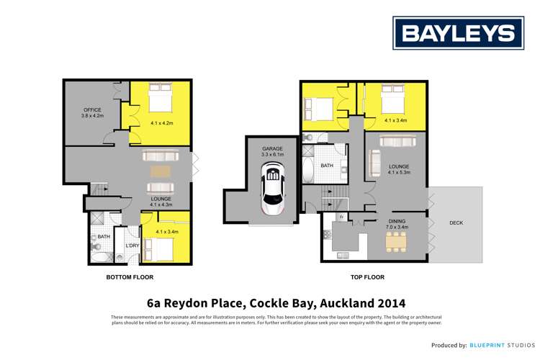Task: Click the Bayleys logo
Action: click(458, 33)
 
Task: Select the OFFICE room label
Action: click(93, 109)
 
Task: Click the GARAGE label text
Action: click(273, 149)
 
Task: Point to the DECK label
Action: click(456, 223)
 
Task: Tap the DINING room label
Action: click(398, 222)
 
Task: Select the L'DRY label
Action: click(132, 246)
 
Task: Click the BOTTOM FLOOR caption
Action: click(130, 277)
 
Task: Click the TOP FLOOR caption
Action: click(367, 277)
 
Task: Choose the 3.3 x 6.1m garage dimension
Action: click(273, 155)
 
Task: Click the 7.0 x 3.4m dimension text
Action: click(398, 228)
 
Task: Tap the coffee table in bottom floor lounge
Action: click(161, 171)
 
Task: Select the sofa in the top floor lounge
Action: click(374, 163)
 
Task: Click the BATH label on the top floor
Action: click(327, 166)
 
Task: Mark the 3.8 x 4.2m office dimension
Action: click(93, 116)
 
